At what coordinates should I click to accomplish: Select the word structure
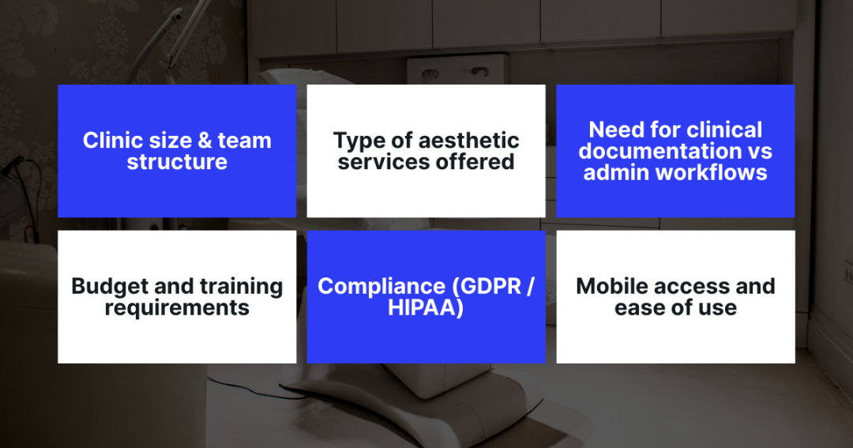pos(177,162)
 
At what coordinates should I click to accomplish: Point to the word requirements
pos(177,307)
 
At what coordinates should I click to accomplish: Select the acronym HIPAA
pos(426,307)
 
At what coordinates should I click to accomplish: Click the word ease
pos(642,307)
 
